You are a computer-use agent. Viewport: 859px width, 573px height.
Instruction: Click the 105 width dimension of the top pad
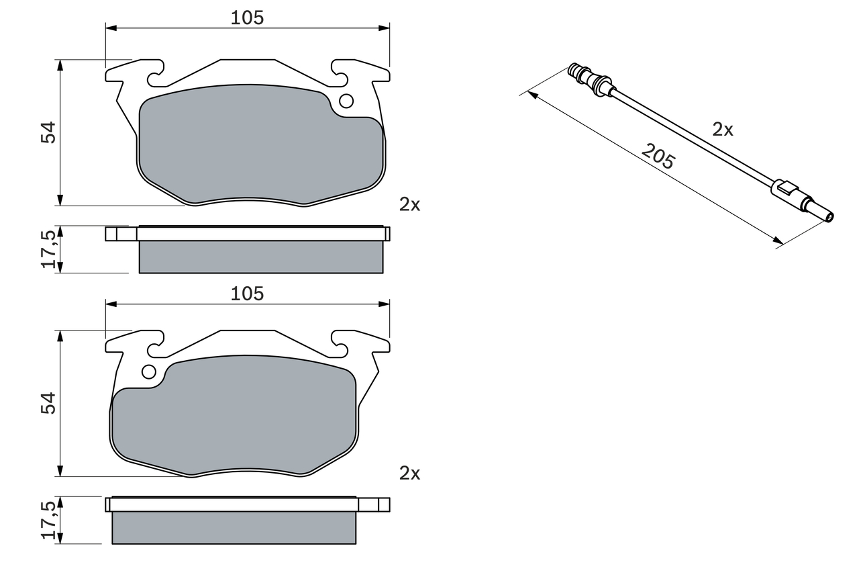click(248, 18)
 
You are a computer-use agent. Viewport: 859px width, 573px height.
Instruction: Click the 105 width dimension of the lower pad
click(248, 294)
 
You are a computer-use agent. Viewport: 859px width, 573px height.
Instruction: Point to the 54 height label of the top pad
click(48, 133)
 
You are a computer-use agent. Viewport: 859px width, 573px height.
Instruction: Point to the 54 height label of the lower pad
click(48, 403)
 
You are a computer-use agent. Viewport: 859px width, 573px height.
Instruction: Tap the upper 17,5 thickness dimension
click(49, 249)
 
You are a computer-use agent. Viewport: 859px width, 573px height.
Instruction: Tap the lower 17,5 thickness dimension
click(49, 520)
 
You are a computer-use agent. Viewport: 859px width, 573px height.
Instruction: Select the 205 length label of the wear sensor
click(658, 157)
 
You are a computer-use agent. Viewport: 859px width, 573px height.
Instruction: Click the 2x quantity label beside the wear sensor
click(723, 130)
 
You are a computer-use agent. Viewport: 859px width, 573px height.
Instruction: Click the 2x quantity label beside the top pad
click(409, 204)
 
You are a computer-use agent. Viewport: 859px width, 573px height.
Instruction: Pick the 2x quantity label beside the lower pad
click(409, 474)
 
